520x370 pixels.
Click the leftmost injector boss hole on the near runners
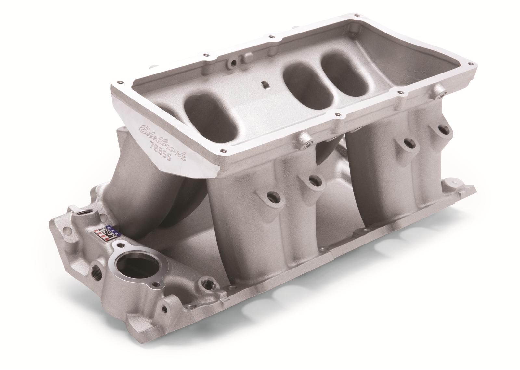click(x=271, y=196)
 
